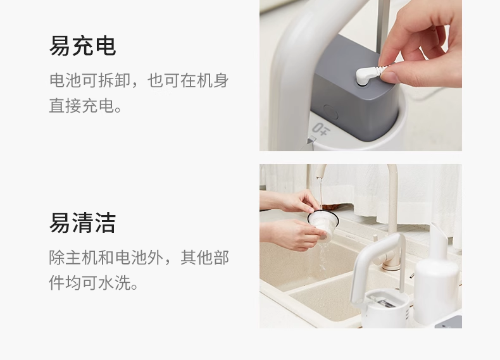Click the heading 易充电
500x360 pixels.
(x=82, y=46)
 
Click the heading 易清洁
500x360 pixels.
(x=82, y=223)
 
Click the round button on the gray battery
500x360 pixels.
(x=330, y=112)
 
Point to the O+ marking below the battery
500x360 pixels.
(x=320, y=130)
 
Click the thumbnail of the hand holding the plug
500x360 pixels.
(x=361, y=75)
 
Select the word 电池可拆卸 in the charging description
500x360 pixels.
(x=90, y=80)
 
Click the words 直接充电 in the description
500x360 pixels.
(x=82, y=106)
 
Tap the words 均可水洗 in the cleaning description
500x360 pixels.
(x=98, y=283)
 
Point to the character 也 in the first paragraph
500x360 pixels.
(x=155, y=80)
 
